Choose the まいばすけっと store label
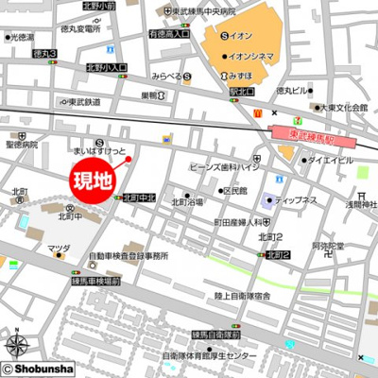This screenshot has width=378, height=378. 99,150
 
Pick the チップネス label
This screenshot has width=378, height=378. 299,200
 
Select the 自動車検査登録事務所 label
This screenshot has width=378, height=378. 129,255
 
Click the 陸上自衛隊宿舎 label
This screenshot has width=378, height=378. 243,296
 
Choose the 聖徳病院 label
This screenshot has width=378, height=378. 22,146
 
